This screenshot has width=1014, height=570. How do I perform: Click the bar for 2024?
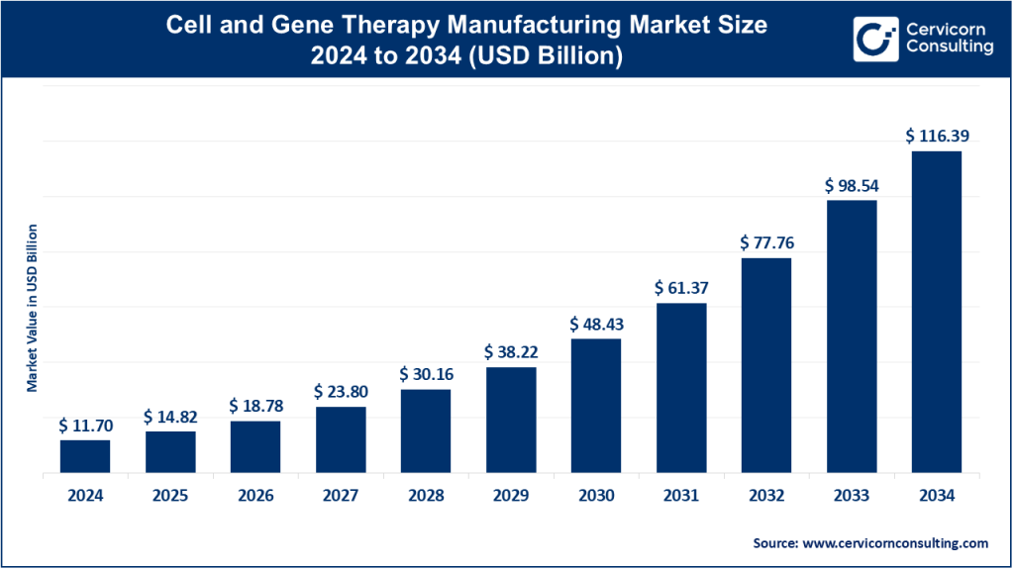pyautogui.click(x=85, y=457)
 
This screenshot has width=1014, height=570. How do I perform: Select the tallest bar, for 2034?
pyautogui.click(x=937, y=312)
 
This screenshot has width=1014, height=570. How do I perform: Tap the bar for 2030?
pyautogui.click(x=596, y=406)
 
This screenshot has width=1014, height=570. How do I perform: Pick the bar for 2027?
pyautogui.click(x=341, y=440)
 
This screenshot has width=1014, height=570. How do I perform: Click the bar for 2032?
pyautogui.click(x=766, y=366)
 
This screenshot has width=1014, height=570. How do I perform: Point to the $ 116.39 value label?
pyautogui.click(x=937, y=135)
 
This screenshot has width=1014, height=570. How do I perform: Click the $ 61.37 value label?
pyautogui.click(x=681, y=288)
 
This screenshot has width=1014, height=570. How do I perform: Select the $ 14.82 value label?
pyautogui.click(x=170, y=416)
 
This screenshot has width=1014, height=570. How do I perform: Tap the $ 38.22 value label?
pyautogui.click(x=511, y=351)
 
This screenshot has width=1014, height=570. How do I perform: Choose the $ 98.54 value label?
pyautogui.click(x=852, y=185)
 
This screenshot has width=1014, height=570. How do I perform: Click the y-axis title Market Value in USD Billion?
pyautogui.click(x=33, y=308)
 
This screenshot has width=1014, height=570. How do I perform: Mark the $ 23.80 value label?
pyautogui.click(x=341, y=392)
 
